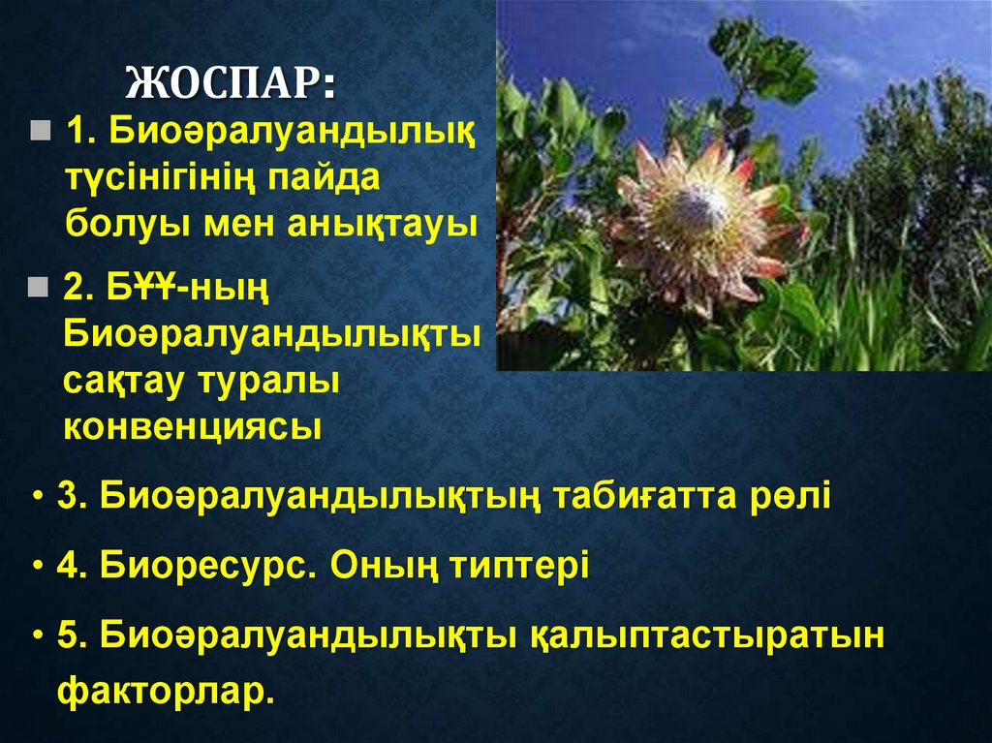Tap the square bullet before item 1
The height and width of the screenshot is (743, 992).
click(x=40, y=130)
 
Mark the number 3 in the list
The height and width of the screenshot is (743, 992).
click(x=66, y=496)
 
